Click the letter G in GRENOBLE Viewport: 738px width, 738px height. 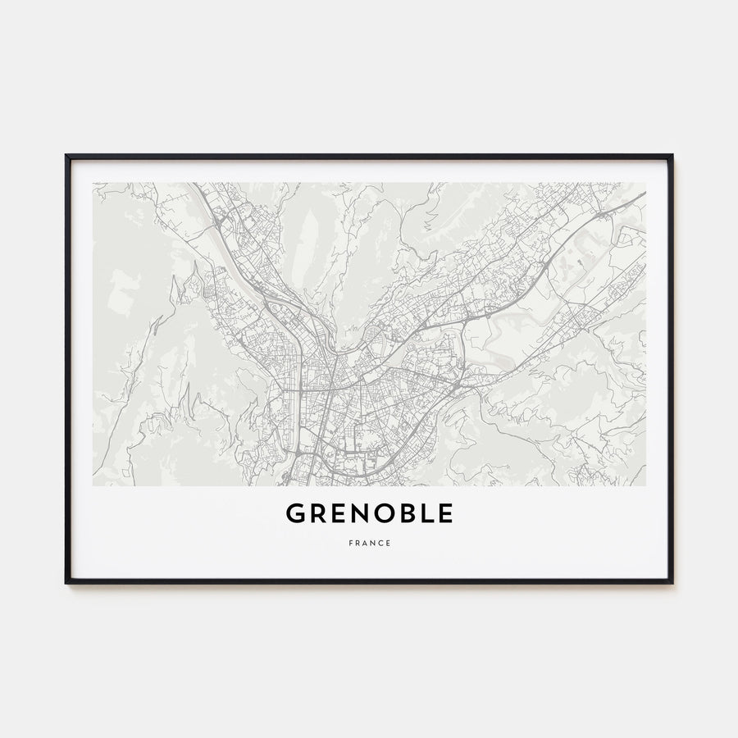[x=296, y=513]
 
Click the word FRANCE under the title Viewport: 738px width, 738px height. [x=369, y=543]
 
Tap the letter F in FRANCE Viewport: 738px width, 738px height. [x=349, y=543]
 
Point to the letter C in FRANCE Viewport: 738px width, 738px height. [x=381, y=543]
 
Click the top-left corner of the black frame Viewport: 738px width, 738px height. [x=66, y=155]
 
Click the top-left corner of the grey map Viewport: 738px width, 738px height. [x=93, y=183]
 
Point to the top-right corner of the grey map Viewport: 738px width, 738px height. [x=645, y=183]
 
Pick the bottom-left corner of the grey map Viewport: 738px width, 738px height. [x=93, y=485]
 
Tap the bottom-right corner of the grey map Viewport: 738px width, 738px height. [x=645, y=485]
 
